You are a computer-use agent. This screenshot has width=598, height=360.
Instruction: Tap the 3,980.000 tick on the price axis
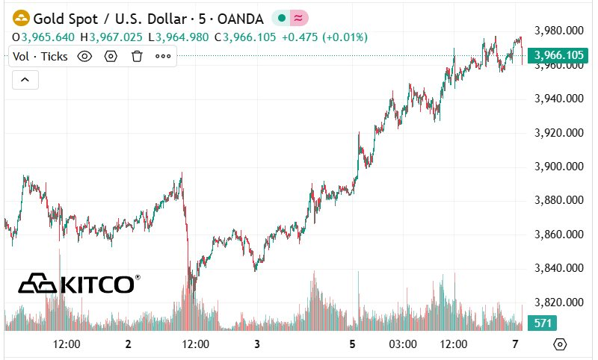(559, 31)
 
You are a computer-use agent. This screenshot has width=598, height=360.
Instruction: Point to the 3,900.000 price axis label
(559, 167)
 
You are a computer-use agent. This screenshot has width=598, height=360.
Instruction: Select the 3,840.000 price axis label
(559, 268)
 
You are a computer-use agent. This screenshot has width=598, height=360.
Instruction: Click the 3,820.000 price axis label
(559, 302)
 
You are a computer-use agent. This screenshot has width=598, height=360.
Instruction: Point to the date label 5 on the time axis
(352, 344)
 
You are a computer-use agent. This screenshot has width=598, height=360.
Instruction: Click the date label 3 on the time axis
(257, 344)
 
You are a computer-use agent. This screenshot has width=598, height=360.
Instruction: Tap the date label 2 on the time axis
(129, 344)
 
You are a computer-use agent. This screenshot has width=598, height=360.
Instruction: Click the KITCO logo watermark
(78, 284)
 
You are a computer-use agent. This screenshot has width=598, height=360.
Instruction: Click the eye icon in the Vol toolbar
(84, 56)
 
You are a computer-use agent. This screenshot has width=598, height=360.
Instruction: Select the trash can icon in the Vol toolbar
(137, 56)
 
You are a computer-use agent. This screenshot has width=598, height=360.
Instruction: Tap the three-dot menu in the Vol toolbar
(163, 56)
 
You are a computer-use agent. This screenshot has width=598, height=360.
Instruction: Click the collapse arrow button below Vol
(24, 79)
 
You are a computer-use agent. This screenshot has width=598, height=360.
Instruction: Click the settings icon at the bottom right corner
(560, 344)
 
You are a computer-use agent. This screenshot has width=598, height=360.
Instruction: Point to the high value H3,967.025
(115, 37)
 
